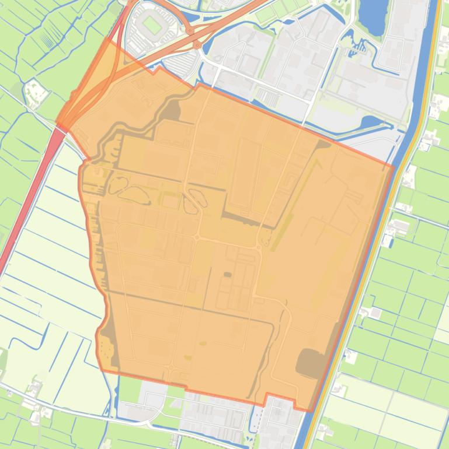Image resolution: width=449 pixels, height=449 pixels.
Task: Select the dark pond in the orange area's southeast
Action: [309, 363]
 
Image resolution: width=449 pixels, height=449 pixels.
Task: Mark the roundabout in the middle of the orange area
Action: [197, 238]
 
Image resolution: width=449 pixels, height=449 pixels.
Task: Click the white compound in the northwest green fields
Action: [35, 93]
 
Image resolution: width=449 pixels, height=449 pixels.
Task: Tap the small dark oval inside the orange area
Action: [227, 274]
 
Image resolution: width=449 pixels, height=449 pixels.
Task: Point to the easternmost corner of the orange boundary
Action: [393, 166]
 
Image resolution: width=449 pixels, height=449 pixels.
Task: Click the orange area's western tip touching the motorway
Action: [58, 124]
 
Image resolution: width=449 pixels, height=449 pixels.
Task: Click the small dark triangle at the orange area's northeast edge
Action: [323, 143]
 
